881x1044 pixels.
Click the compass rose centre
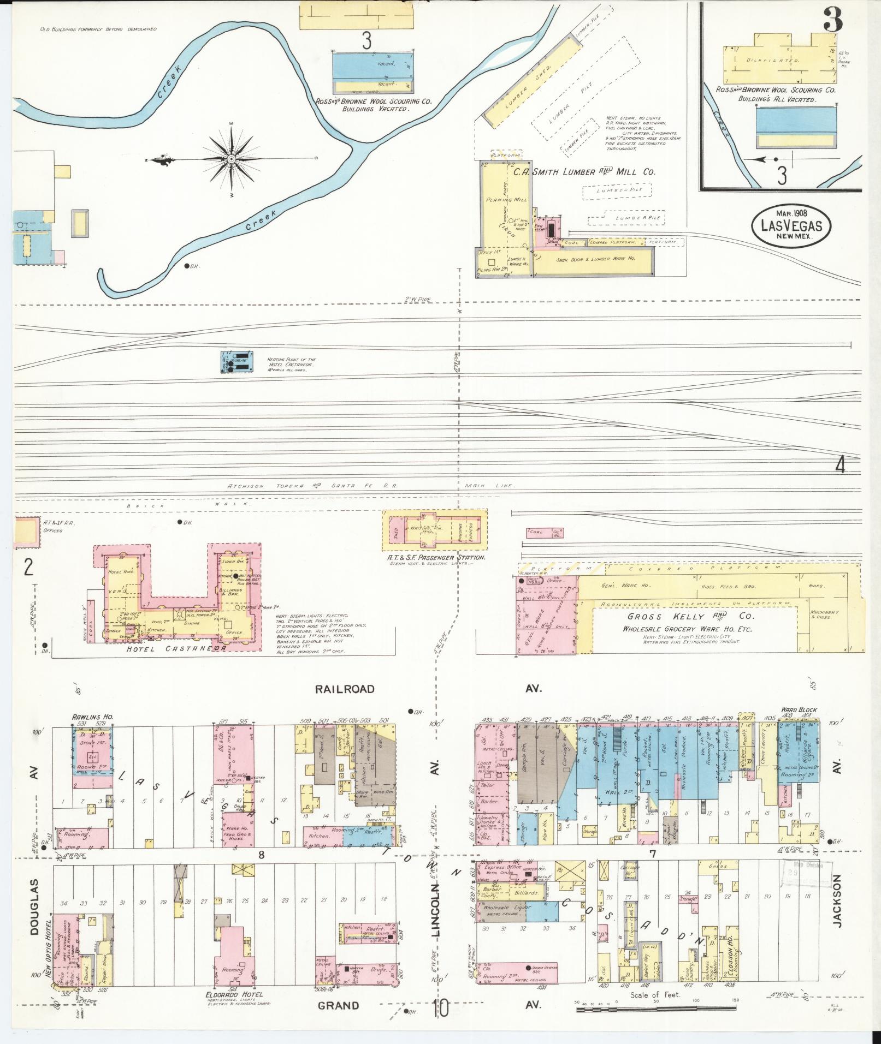click(x=231, y=159)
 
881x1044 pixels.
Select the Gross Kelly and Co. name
click(x=690, y=616)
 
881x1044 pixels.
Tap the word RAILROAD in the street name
click(x=345, y=689)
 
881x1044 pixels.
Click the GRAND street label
click(x=339, y=1006)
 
